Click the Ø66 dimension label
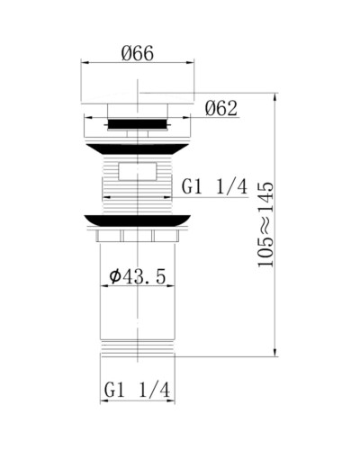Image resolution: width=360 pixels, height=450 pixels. pos(138,53)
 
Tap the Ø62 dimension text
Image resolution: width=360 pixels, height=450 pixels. pos(220,109)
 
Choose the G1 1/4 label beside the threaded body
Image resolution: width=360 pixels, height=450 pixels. pos(214,186)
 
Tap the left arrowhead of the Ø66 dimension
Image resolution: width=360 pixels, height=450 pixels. pos(85,64)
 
